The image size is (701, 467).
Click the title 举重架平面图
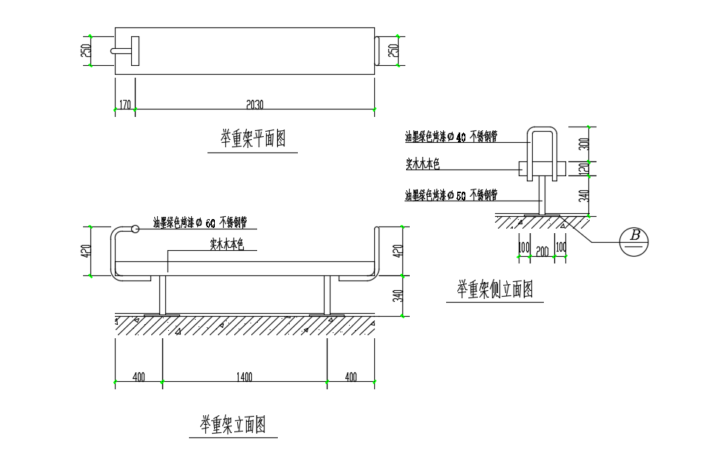pyautogui.click(x=253, y=138)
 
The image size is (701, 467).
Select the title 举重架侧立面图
pyautogui.click(x=494, y=289)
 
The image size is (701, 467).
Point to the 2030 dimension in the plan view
pyautogui.click(x=253, y=104)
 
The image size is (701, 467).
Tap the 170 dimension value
pyautogui.click(x=124, y=104)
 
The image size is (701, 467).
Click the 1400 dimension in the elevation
pyautogui.click(x=245, y=377)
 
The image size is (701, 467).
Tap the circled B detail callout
pyautogui.click(x=634, y=242)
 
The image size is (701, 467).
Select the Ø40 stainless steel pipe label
pyautogui.click(x=451, y=137)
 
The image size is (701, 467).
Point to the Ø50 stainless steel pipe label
pyautogui.click(x=451, y=195)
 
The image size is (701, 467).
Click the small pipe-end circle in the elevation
pyautogui.click(x=135, y=229)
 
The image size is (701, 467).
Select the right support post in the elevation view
pyautogui.click(x=326, y=296)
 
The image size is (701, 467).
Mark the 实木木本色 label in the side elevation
pyautogui.click(x=423, y=164)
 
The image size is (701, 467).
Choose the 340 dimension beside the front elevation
pyautogui.click(x=396, y=297)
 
